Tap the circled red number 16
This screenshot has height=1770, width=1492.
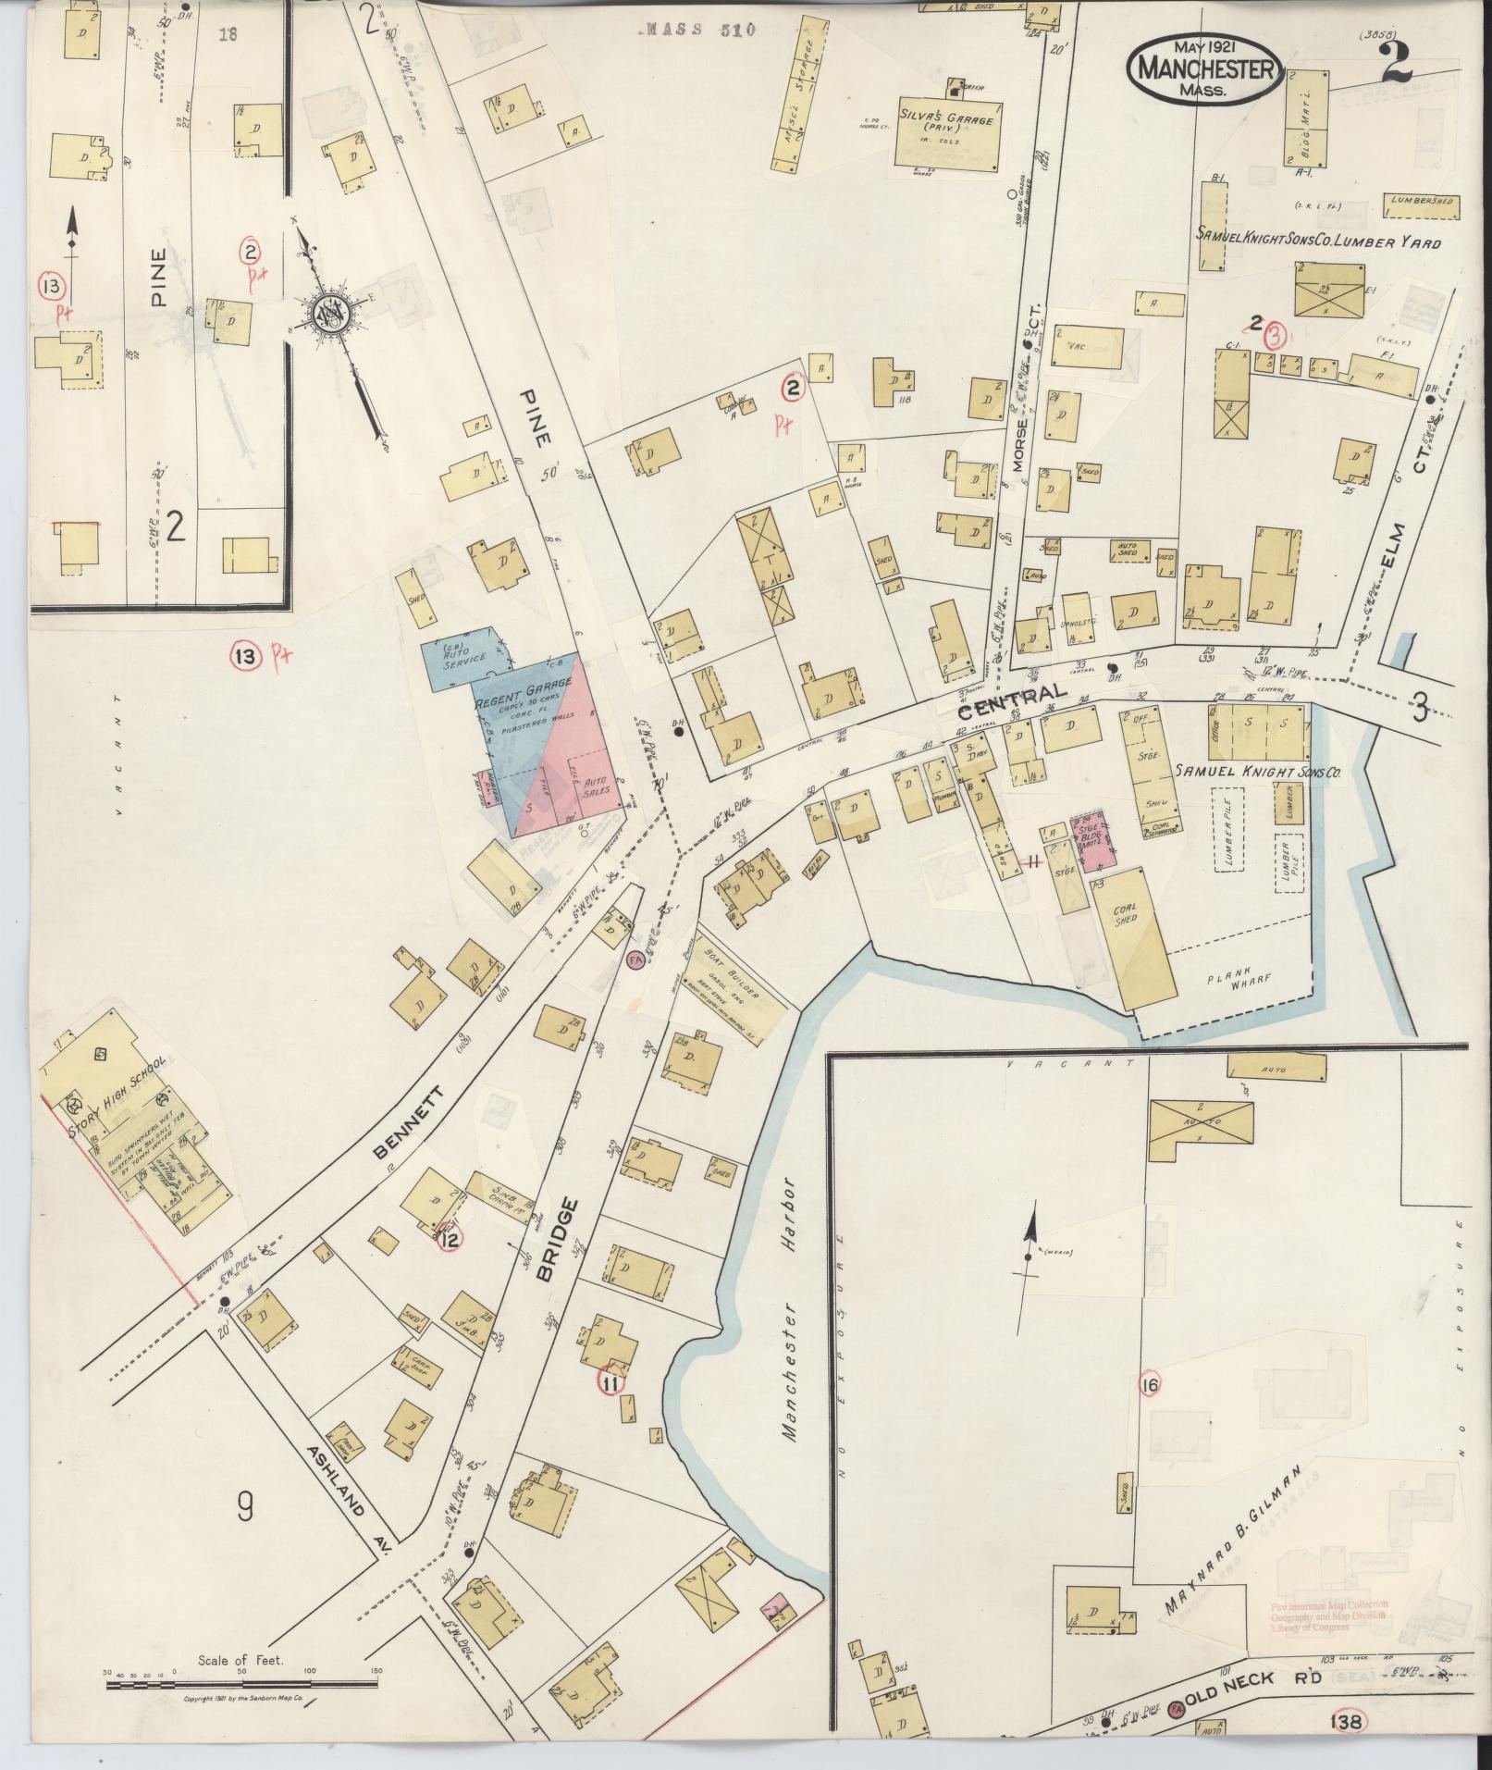click(x=1150, y=1384)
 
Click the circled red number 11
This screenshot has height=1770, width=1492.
click(x=610, y=1383)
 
